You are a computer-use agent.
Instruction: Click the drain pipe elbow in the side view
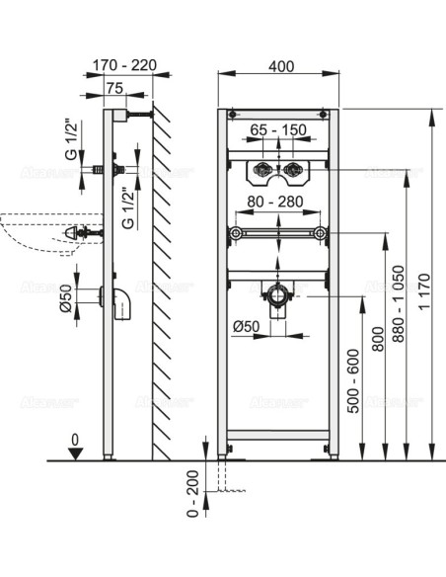(123, 302)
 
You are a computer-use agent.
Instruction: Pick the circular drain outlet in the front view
(279, 294)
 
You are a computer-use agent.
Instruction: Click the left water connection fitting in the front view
(261, 171)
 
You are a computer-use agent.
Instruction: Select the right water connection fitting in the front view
(296, 171)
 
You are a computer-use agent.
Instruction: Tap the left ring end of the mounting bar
(235, 234)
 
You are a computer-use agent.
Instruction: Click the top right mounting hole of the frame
(326, 116)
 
